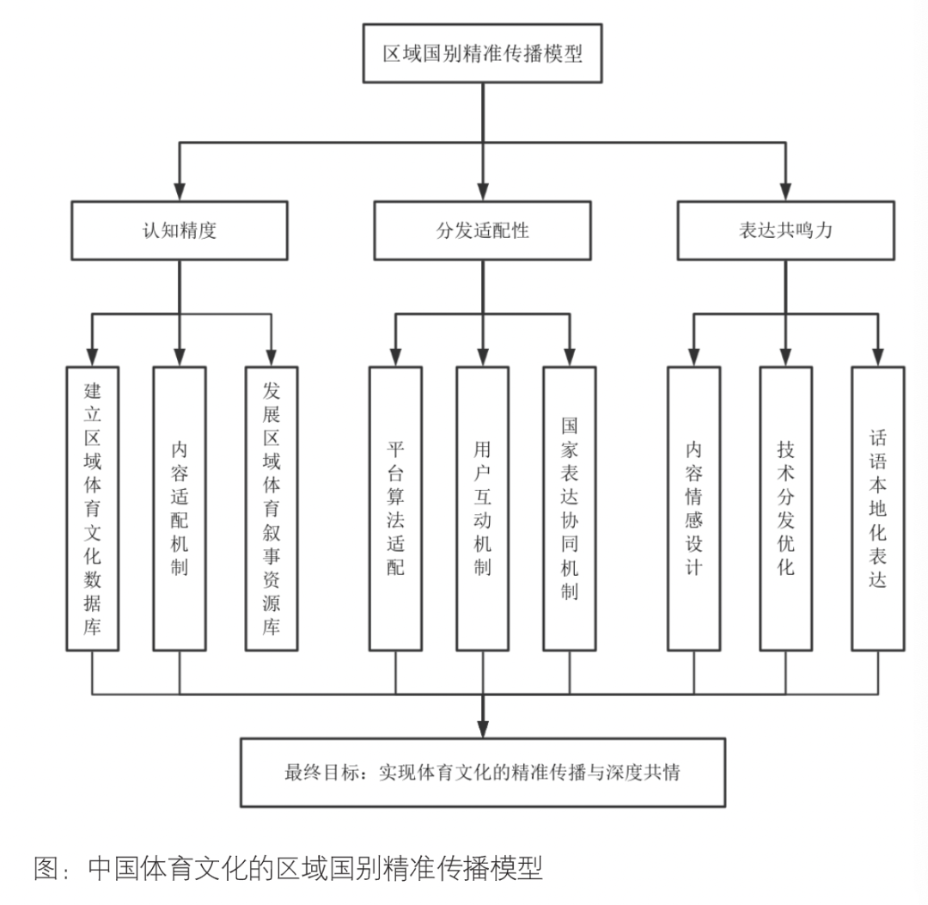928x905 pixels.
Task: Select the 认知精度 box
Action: (180, 231)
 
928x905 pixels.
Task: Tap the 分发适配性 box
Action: (482, 231)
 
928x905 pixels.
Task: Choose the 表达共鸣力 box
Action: (785, 231)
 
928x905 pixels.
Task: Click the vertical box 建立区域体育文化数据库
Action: (92, 508)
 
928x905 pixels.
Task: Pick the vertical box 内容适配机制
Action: (180, 508)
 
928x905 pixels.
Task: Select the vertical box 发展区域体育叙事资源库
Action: (272, 508)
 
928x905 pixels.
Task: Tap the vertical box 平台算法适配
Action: (395, 508)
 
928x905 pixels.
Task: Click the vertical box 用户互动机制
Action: (482, 508)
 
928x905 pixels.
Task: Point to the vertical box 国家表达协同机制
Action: (569, 508)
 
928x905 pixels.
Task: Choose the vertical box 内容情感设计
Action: (694, 508)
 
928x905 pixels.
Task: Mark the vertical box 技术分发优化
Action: (785, 508)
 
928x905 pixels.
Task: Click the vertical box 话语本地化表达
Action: (877, 508)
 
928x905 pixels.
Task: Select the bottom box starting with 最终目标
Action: (482, 772)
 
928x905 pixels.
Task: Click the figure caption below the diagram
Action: (288, 867)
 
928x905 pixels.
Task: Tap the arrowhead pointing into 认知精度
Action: (180, 193)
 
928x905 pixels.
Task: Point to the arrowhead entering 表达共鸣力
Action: (785, 193)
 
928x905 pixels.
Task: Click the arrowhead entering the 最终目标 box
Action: (482, 728)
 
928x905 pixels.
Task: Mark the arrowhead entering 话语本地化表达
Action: (877, 358)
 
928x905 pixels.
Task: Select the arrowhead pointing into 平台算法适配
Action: (395, 358)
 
